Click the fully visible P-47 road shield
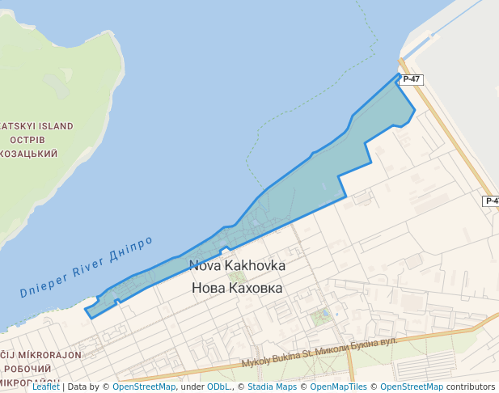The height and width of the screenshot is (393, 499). [411, 79]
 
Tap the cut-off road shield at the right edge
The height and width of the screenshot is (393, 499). [492, 201]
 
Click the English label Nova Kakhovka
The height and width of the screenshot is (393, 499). [237, 265]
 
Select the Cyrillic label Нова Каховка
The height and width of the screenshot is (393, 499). [237, 287]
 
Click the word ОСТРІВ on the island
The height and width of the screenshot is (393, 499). [34, 140]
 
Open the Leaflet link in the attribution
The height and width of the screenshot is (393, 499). [46, 387]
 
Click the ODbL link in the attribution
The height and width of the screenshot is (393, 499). [218, 387]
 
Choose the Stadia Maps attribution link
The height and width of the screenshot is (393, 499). [272, 387]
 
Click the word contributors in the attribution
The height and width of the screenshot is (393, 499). [471, 387]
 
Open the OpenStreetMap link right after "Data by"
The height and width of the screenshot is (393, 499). [144, 387]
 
